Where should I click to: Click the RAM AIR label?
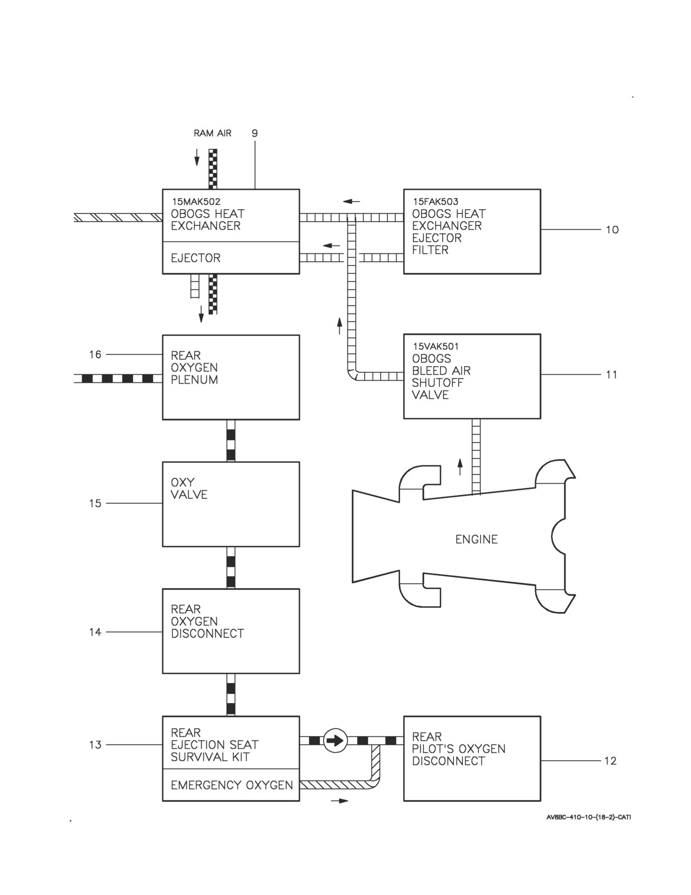point(213,133)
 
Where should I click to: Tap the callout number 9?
point(255,133)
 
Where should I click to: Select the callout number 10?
point(612,229)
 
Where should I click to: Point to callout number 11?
point(611,374)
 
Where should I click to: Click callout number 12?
point(610,761)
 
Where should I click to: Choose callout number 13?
point(95,745)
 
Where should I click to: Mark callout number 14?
point(95,632)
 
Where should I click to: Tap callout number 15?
point(95,503)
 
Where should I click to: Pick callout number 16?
point(95,354)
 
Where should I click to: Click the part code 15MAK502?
point(196,202)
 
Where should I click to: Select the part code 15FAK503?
point(436,202)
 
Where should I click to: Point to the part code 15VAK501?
point(436,346)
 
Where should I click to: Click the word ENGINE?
point(476,539)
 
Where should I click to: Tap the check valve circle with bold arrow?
point(335,741)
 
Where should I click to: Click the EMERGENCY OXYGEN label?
point(232,785)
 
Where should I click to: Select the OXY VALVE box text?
point(189,489)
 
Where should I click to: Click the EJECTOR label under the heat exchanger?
point(196,258)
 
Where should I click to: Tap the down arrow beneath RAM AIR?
point(197,157)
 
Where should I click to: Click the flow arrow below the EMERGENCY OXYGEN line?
point(340,801)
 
